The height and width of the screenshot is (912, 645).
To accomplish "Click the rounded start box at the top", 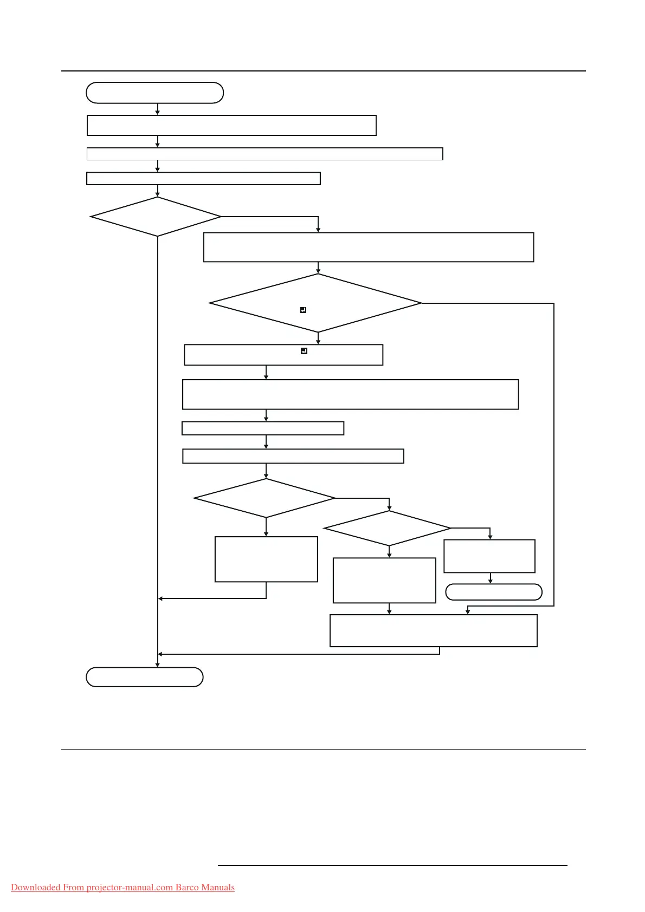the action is point(154,93).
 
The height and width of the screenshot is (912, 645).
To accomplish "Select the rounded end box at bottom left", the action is point(145,677).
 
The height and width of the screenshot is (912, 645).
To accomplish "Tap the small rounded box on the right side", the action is point(493,592).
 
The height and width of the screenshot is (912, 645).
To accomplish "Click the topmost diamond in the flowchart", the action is point(156,217).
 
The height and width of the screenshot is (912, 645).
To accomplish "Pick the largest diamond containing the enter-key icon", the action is point(315,303).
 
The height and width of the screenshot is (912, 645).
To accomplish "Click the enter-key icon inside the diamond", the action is point(304,310).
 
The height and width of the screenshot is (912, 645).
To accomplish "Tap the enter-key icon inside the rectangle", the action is point(304,351).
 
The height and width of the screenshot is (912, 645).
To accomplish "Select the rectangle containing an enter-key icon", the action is point(283,355).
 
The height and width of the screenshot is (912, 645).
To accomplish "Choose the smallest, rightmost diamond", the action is point(388,528).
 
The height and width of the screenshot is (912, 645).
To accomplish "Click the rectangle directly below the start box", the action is point(231,125).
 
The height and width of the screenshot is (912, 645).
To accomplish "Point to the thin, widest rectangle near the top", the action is point(265,154).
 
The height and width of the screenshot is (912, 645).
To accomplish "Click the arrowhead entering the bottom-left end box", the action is point(158,665).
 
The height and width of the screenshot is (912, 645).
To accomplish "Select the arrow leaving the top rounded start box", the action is point(158,109).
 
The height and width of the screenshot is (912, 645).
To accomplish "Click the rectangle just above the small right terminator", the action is point(489,556).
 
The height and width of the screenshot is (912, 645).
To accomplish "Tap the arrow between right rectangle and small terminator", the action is point(491,578).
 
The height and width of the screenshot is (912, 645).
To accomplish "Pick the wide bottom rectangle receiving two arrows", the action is point(433,630).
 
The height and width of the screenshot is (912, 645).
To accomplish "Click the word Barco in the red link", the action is point(188,888).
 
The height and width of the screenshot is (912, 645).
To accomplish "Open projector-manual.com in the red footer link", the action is point(130,888).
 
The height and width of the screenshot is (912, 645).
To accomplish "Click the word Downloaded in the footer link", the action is point(36,888).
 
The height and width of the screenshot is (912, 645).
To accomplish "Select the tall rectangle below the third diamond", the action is point(266,559).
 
